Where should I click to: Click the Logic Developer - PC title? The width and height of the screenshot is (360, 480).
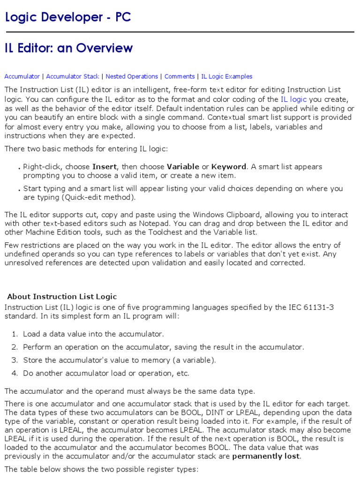[x=67, y=17]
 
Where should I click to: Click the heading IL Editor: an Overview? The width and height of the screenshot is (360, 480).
[x=68, y=48]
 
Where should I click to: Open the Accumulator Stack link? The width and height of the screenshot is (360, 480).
[x=72, y=76]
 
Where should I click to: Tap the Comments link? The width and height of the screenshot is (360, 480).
[x=180, y=76]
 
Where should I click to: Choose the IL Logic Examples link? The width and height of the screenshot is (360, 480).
[x=226, y=76]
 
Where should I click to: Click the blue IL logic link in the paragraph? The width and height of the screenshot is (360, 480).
[x=293, y=99]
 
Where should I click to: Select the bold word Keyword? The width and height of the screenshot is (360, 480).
[x=228, y=167]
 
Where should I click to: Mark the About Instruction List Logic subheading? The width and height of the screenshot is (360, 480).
[x=62, y=296]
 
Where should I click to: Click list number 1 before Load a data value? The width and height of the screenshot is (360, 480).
[x=15, y=334]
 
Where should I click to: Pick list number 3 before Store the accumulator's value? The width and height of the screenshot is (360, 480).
[x=15, y=360]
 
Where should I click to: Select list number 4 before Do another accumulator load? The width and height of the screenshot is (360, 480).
[x=15, y=374]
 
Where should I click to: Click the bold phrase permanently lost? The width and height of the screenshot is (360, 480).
[x=266, y=456]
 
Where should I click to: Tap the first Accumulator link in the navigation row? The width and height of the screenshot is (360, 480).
[x=22, y=76]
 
